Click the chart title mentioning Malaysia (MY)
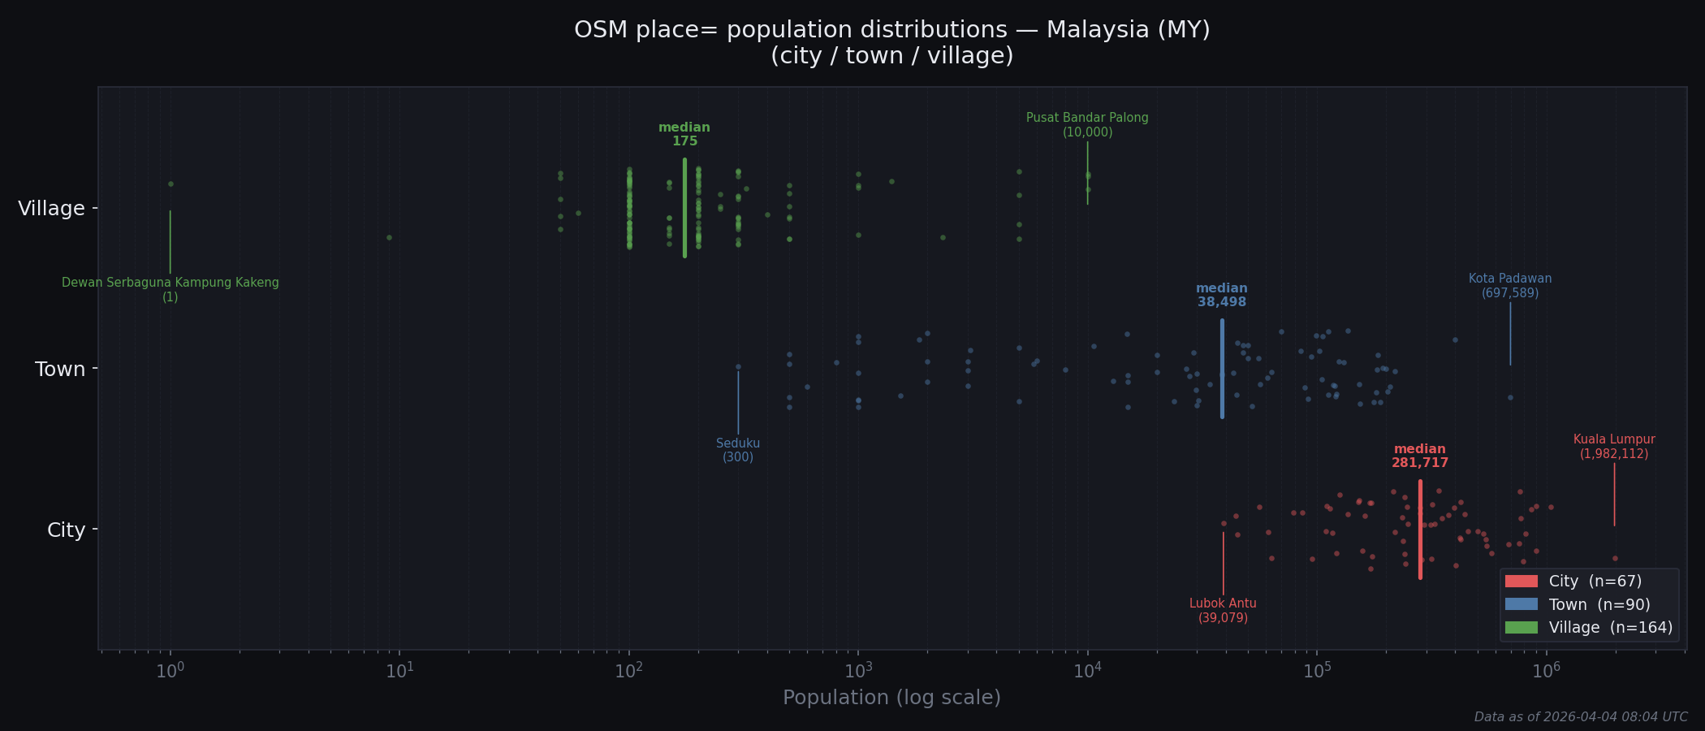point(891,42)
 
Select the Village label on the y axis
point(51,209)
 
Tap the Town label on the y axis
point(59,370)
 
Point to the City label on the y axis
point(66,530)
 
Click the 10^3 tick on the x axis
point(858,671)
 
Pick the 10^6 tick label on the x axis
point(1546,671)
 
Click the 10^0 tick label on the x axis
point(170,671)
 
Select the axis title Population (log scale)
point(891,698)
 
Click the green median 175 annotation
point(684,134)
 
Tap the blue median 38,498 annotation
point(1221,295)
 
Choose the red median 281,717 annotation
point(1419,456)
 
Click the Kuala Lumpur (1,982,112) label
point(1613,447)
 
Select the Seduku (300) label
point(738,450)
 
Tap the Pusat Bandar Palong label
point(1087,125)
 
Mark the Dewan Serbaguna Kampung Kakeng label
point(170,289)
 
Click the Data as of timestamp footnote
point(1580,717)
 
